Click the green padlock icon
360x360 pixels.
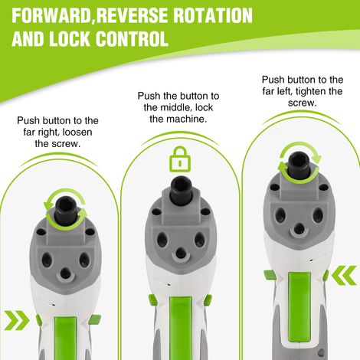coord(180,159)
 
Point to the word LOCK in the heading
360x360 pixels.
coord(69,39)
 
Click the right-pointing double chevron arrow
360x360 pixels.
coord(17,320)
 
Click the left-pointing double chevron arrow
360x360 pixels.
coord(344,275)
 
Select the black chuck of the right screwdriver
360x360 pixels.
coord(299,165)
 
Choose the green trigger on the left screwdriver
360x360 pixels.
coord(65,338)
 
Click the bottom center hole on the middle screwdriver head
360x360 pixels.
coord(181,252)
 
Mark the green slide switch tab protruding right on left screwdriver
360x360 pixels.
coord(95,319)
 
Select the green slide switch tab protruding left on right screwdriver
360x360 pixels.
coord(269,275)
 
